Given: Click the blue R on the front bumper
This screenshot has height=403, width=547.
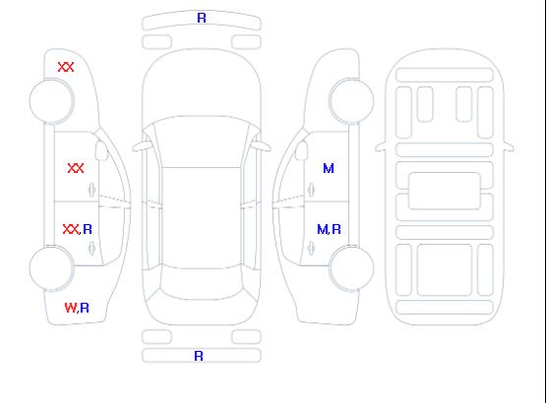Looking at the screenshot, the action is click(202, 18).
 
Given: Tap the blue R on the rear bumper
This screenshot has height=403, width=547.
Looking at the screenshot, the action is click(199, 356).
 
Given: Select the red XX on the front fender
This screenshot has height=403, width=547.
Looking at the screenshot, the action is click(66, 67).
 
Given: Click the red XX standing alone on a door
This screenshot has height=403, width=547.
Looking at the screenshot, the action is click(76, 168).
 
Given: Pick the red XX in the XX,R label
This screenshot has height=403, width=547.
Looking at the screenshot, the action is click(71, 229).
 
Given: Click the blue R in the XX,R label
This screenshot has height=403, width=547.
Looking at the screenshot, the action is click(88, 229).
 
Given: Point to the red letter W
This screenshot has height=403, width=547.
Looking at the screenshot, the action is click(71, 308).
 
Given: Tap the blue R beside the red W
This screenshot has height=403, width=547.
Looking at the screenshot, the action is click(85, 308).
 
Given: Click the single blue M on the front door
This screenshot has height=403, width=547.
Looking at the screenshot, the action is click(329, 168).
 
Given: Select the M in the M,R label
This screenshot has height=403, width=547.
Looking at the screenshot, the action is click(323, 229).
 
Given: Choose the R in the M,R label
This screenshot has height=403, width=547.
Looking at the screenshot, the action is click(336, 229).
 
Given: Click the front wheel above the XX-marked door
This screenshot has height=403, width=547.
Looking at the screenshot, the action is click(51, 101).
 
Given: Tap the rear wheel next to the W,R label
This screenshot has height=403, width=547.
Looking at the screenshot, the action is click(51, 268).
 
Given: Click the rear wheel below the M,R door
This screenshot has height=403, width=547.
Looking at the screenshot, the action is click(351, 268).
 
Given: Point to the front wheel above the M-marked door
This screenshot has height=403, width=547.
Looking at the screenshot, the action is click(351, 101).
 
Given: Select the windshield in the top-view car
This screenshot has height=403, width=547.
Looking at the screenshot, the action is click(202, 142).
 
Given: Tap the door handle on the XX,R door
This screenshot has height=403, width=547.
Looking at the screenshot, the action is click(91, 249).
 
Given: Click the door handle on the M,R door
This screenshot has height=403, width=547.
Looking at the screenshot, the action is click(311, 249).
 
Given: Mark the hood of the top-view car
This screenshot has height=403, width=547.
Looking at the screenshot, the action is click(202, 84).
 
